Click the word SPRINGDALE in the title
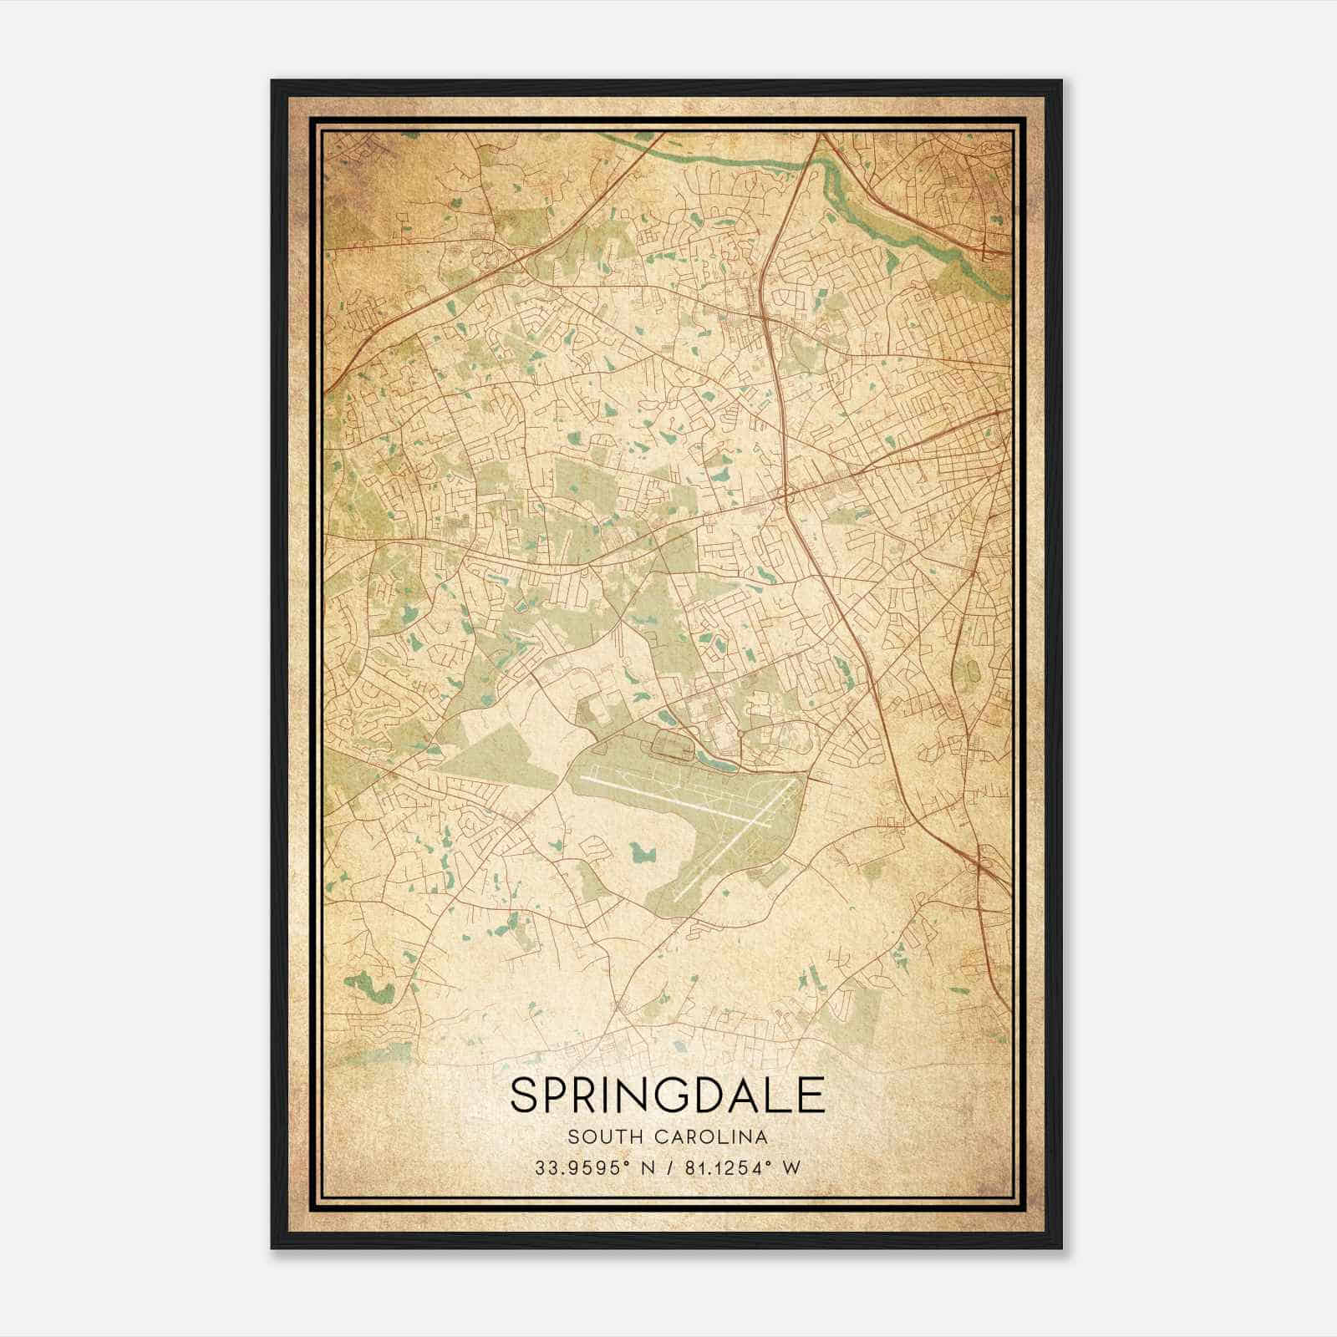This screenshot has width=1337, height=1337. pos(667,1095)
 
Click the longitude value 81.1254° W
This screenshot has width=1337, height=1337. pos(740,1168)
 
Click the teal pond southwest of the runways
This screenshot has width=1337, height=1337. pos(644,852)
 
